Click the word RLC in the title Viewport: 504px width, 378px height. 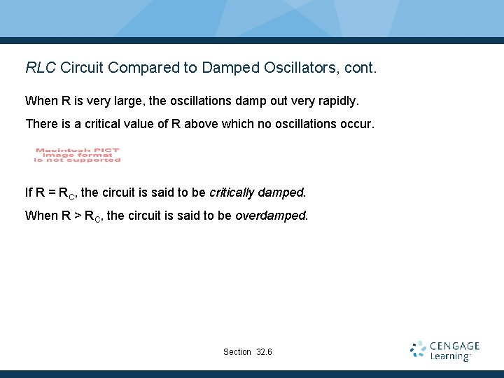[41, 68]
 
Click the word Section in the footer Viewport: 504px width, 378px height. [237, 351]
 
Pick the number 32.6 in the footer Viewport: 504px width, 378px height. [265, 351]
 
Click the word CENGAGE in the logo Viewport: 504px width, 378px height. [454, 346]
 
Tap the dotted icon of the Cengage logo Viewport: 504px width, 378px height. [418, 351]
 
